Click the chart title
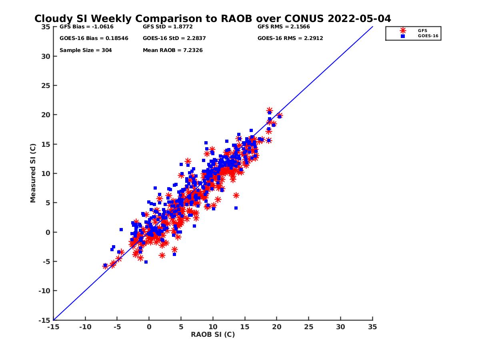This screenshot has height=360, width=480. coord(212,19)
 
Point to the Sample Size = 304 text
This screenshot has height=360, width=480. coord(86,50)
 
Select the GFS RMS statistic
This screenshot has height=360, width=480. coord(284,27)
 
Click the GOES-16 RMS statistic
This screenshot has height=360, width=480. coord(290,38)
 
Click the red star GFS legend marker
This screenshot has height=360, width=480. coord(403,30)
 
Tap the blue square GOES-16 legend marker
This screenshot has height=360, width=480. coord(403,36)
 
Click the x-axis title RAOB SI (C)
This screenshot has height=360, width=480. coord(213,334)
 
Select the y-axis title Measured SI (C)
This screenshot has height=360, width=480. coord(33,173)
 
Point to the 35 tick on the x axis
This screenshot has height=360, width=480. coord(372,327)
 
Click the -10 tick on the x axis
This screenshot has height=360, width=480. coord(85,327)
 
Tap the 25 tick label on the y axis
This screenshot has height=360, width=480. coord(46,86)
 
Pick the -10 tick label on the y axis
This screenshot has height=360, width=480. coord(45,291)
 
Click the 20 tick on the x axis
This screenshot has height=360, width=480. coord(277,327)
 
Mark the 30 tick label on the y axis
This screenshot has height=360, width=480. coord(46,56)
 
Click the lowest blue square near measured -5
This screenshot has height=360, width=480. coord(146,262)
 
